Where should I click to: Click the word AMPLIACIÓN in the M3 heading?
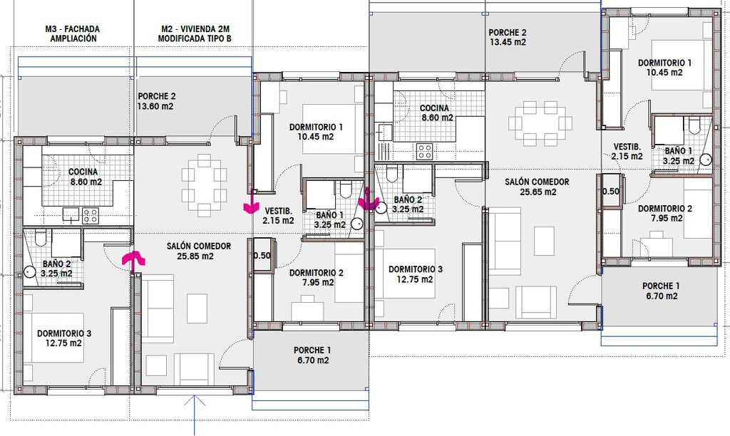click(73, 38)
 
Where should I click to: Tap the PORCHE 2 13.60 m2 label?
click(156, 101)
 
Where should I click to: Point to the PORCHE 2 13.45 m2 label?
click(508, 37)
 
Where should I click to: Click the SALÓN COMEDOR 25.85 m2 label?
click(199, 251)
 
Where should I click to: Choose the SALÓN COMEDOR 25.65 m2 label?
click(538, 187)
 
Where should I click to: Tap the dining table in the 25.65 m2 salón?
click(540, 123)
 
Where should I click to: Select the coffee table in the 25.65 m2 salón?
click(544, 241)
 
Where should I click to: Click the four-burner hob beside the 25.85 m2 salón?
click(91, 216)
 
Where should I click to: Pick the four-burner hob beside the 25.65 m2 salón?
click(424, 151)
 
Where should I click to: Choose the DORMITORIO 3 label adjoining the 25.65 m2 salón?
click(416, 274)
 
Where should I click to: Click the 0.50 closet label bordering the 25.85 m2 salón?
click(262, 256)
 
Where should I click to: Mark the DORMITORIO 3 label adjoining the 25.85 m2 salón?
click(64, 338)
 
